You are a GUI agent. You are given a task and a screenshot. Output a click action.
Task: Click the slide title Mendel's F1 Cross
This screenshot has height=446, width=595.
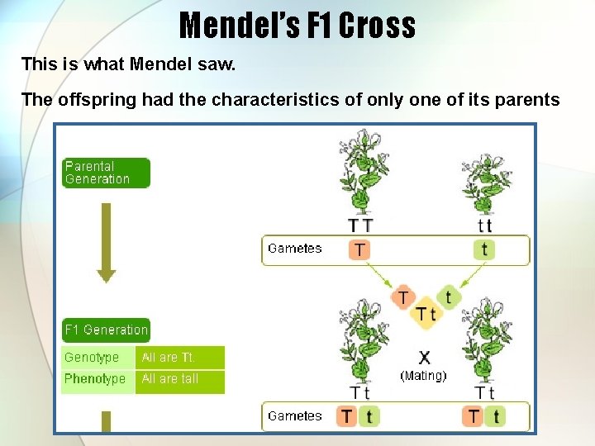point(297,25)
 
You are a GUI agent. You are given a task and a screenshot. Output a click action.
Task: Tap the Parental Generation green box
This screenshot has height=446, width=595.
point(105,173)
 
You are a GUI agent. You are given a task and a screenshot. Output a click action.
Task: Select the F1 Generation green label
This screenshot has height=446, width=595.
point(106,330)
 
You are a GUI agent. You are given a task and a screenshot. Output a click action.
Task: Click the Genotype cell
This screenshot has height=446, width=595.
point(98,358)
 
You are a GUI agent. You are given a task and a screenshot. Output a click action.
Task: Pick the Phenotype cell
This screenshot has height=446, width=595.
point(98,380)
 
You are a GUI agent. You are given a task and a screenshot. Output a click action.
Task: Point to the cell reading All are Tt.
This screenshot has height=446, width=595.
point(179,358)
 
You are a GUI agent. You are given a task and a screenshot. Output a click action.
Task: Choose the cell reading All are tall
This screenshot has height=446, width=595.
point(179,380)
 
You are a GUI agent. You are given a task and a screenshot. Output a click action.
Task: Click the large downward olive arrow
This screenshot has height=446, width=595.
point(106,242)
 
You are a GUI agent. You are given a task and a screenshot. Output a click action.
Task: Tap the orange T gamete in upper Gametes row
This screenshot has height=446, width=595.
point(360,249)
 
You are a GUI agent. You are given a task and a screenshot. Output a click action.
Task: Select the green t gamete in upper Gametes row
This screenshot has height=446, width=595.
point(484,249)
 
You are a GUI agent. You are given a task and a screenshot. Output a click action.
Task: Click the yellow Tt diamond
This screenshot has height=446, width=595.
point(426,313)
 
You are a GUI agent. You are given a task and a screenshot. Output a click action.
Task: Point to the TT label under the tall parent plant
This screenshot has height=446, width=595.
point(360,225)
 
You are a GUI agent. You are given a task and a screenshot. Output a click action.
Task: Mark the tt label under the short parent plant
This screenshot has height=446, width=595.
point(484,225)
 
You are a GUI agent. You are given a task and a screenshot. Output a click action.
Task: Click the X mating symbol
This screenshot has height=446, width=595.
point(424,358)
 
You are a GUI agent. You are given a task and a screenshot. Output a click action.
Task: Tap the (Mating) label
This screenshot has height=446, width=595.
point(423,376)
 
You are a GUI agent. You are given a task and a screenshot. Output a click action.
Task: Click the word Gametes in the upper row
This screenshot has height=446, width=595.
point(295,249)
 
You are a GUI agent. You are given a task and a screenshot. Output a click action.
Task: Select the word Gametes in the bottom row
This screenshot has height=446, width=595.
point(295,416)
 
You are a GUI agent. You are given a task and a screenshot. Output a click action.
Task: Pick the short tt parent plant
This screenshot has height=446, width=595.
point(485,182)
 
